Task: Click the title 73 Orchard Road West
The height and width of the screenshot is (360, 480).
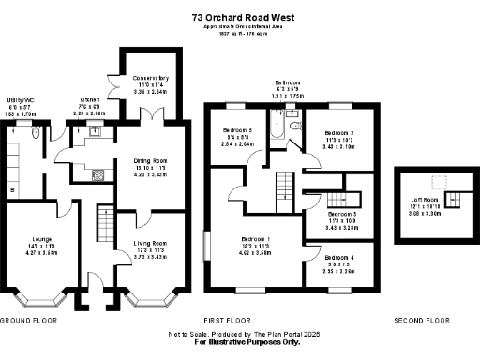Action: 240,17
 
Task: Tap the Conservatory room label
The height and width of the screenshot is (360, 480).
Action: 150,78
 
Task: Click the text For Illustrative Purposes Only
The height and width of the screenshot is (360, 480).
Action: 240,342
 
